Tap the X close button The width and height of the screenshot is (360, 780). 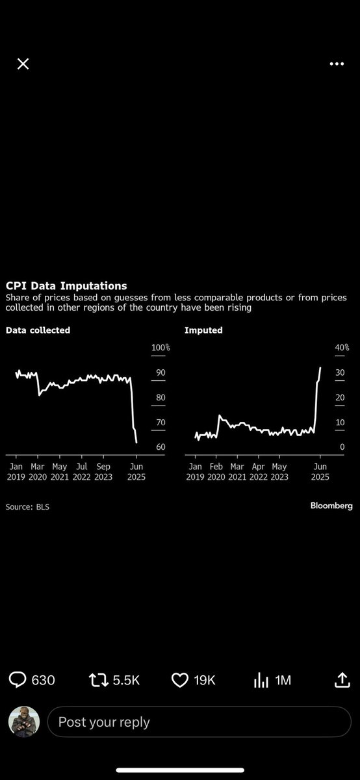pyautogui.click(x=23, y=64)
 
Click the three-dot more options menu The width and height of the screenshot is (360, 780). pyautogui.click(x=337, y=64)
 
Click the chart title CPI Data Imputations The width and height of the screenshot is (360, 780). pyautogui.click(x=66, y=286)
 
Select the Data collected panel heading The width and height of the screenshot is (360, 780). pyautogui.click(x=38, y=330)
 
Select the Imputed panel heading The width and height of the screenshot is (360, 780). pyautogui.click(x=203, y=330)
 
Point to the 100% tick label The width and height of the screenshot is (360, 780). pyautogui.click(x=161, y=347)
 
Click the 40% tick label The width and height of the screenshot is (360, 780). pyautogui.click(x=342, y=347)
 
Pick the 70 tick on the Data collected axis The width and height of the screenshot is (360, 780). pyautogui.click(x=161, y=422)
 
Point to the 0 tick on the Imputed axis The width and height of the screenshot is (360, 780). pyautogui.click(x=342, y=447)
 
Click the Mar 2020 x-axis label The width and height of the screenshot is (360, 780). pyautogui.click(x=38, y=471)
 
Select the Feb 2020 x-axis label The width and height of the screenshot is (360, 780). pyautogui.click(x=216, y=471)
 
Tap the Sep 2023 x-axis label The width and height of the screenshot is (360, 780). pyautogui.click(x=103, y=471)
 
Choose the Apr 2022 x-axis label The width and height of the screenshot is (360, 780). pyautogui.click(x=259, y=471)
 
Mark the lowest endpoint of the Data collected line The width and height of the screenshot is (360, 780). pyautogui.click(x=136, y=443)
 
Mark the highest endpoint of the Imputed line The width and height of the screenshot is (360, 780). pyautogui.click(x=320, y=367)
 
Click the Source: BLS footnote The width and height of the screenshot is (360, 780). pyautogui.click(x=27, y=507)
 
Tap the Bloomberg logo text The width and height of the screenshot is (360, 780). pyautogui.click(x=331, y=506)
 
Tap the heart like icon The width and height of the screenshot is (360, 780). pyautogui.click(x=179, y=680)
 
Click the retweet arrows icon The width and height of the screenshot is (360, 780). pyautogui.click(x=99, y=680)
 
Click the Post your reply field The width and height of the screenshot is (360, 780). pyautogui.click(x=199, y=722)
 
